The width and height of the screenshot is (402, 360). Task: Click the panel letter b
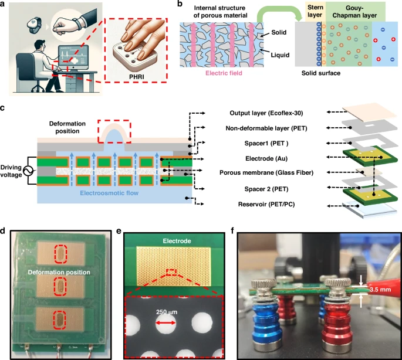pos(170,6)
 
